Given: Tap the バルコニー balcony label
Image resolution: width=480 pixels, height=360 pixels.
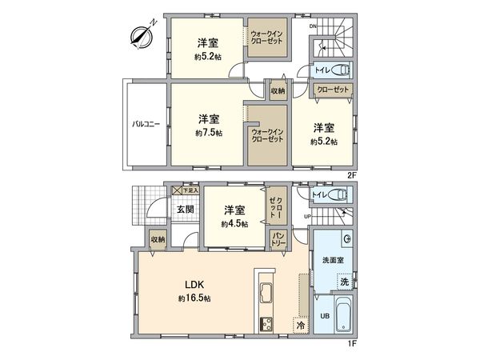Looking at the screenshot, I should click(x=145, y=125).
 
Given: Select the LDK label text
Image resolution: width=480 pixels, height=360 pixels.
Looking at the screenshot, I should click(x=195, y=284).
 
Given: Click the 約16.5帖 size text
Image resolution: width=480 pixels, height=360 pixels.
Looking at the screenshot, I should click(x=195, y=298).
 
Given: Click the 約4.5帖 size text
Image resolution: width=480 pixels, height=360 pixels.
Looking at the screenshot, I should click(x=234, y=224).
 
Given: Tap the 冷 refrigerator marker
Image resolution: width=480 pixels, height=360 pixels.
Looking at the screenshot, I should click(x=299, y=325).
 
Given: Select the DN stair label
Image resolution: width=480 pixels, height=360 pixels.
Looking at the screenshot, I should click(x=313, y=25).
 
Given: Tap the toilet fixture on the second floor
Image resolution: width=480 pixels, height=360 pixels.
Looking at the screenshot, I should click(x=339, y=69).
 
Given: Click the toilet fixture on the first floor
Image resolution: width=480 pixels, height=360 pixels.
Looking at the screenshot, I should click(x=339, y=194).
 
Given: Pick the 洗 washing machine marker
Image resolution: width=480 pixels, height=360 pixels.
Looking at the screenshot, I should click(x=343, y=282).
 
